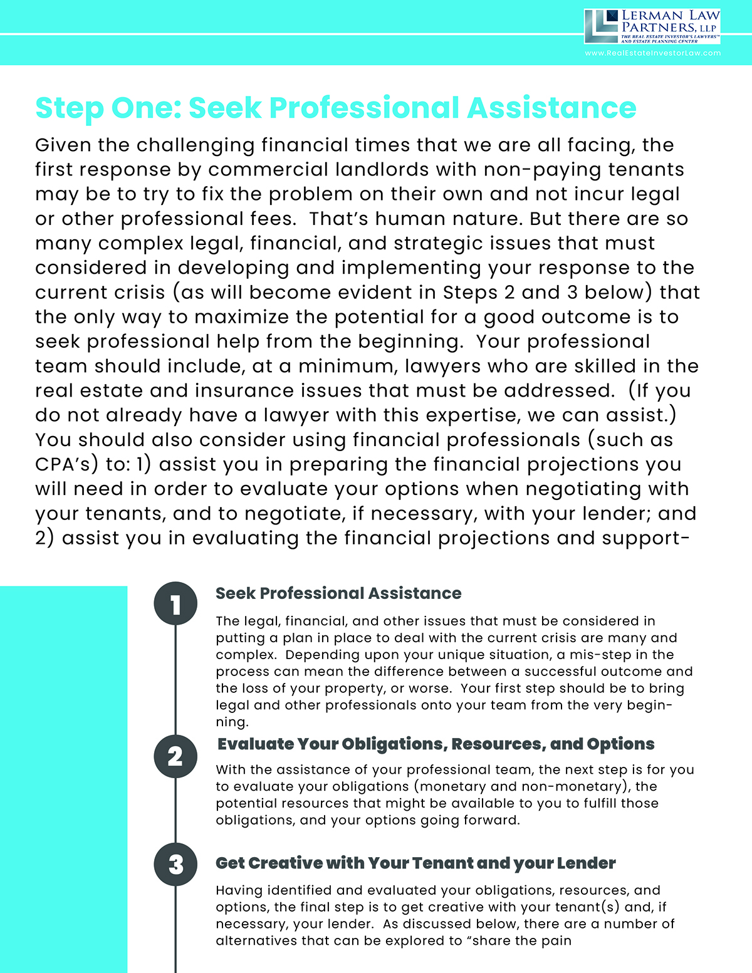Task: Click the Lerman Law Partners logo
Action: tap(652, 26)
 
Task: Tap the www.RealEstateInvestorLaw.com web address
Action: tap(652, 53)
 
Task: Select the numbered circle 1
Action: tap(175, 604)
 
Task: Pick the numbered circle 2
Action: tap(175, 756)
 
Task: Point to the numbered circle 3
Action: tap(175, 864)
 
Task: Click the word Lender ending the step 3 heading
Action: tap(586, 863)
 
